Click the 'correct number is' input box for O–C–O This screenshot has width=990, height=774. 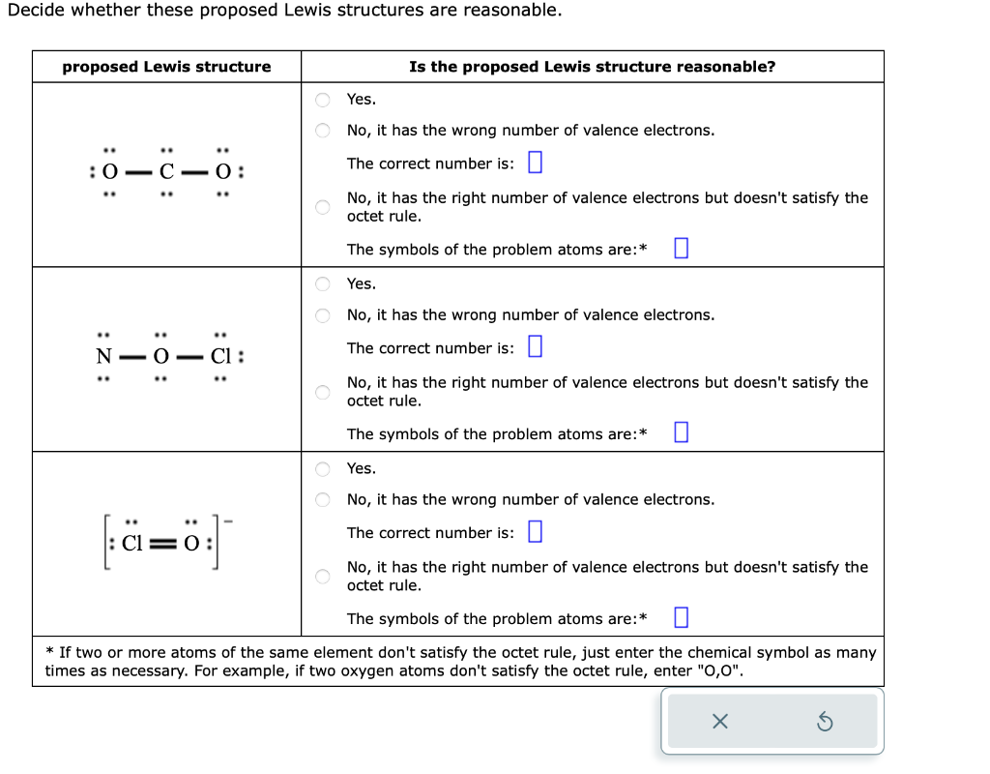[x=535, y=164]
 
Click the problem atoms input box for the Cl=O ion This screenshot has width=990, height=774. [x=680, y=618]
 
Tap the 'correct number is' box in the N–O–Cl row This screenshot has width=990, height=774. [x=535, y=347]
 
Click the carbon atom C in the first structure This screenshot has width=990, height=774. [x=166, y=173]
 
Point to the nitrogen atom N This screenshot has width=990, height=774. [x=103, y=356]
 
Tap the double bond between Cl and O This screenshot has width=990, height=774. [x=162, y=541]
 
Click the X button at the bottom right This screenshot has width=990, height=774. [x=718, y=721]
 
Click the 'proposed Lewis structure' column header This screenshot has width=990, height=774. [x=166, y=67]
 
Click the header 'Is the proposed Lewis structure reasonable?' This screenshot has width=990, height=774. [x=592, y=67]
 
